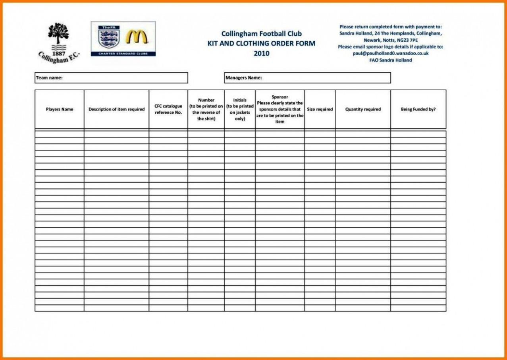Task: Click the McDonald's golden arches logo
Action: coord(137,37)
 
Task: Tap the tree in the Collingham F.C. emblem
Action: coord(58,33)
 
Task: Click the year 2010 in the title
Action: coord(261,53)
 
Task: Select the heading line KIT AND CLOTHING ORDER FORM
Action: coord(261,43)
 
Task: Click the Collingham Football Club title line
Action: coord(261,33)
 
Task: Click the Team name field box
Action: coord(111,78)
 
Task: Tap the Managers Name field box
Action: coord(307,78)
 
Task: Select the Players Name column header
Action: coord(60,109)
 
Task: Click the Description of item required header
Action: coord(116,109)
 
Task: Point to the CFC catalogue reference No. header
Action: coord(168,109)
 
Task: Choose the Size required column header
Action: coord(320,109)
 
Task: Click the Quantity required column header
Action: coord(363,109)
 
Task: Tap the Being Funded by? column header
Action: coord(418,109)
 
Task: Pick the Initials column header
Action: coord(240,109)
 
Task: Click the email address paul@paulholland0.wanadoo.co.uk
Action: coord(391,53)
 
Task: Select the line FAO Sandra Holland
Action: coord(391,60)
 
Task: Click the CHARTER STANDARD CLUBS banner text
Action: coord(123,53)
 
